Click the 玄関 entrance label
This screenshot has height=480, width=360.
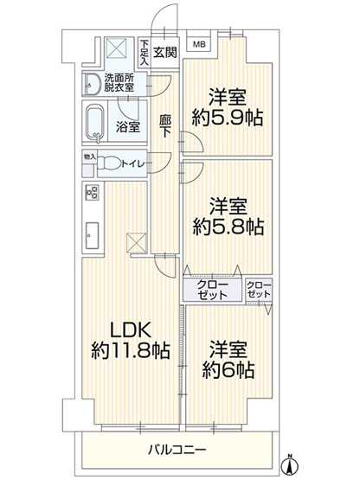(x=165, y=53)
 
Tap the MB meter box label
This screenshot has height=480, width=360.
(x=199, y=45)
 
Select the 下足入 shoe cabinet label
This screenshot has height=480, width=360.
(x=144, y=51)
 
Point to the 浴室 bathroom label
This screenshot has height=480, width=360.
(x=128, y=126)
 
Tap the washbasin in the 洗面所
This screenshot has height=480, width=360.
(x=93, y=84)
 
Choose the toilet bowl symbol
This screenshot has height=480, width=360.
(x=109, y=163)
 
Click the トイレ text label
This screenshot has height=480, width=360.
(x=132, y=164)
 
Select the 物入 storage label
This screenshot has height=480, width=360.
(x=90, y=157)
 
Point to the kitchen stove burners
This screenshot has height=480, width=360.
(x=93, y=193)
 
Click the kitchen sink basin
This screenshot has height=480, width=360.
(x=92, y=235)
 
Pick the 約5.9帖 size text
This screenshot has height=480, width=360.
(x=228, y=118)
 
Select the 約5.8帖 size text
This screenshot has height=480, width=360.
(x=228, y=227)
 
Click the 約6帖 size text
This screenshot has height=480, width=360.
(x=228, y=370)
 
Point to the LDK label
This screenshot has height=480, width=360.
(x=130, y=330)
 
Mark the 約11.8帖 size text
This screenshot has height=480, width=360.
(x=131, y=350)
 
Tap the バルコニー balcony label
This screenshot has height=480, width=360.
(x=177, y=450)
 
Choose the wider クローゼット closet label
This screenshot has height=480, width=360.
(x=212, y=290)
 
